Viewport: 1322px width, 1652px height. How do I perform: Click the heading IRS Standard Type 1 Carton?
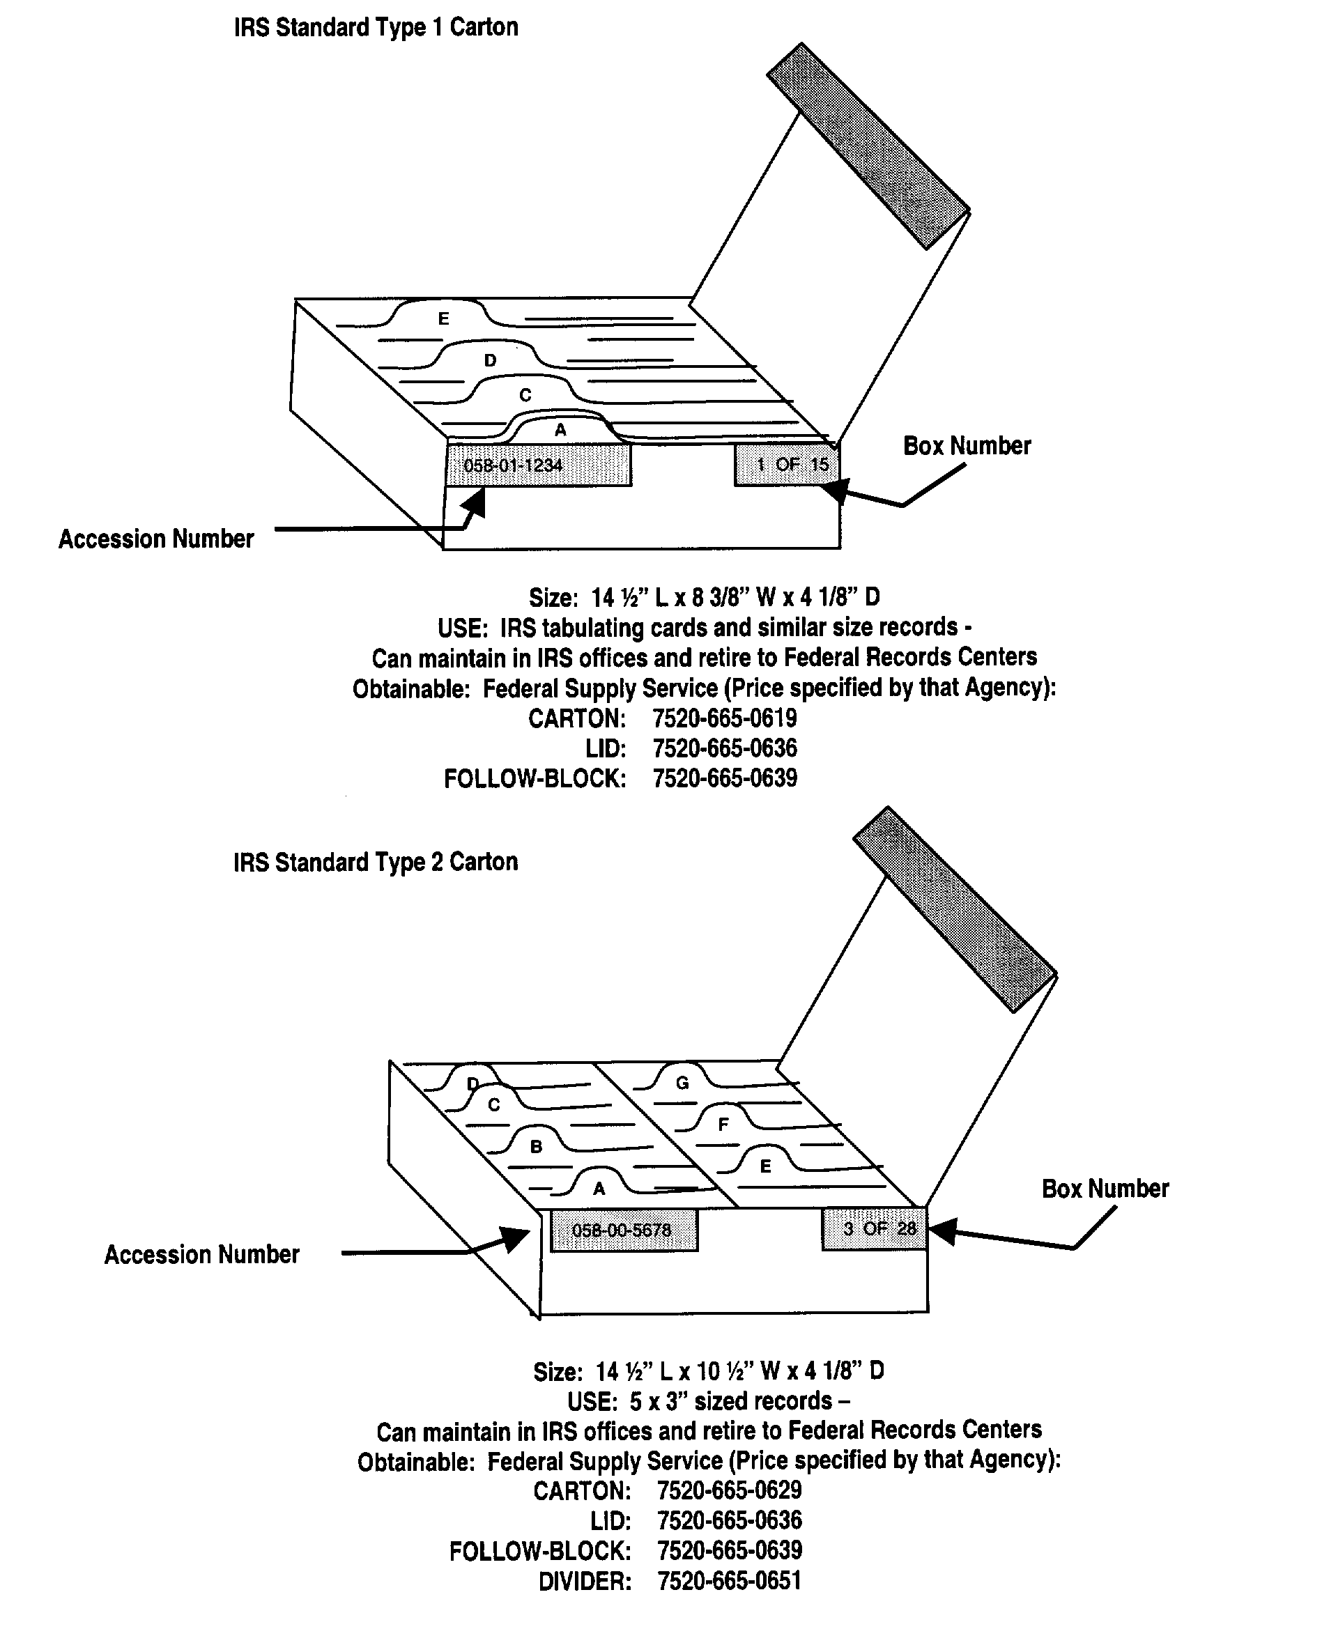pyautogui.click(x=376, y=28)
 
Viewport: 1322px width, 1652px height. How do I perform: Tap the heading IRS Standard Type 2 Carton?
pyautogui.click(x=376, y=862)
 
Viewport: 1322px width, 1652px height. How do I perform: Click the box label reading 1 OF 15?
pyautogui.click(x=787, y=464)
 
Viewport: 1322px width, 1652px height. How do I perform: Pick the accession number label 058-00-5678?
pyautogui.click(x=623, y=1230)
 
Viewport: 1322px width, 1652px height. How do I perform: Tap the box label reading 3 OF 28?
pyautogui.click(x=875, y=1229)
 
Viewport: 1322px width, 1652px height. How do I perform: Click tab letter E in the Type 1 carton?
pyautogui.click(x=443, y=318)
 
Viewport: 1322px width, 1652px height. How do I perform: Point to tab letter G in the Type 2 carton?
pyautogui.click(x=682, y=1083)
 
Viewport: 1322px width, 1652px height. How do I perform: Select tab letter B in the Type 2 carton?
pyautogui.click(x=537, y=1146)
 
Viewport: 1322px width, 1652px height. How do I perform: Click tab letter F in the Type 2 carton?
pyautogui.click(x=723, y=1125)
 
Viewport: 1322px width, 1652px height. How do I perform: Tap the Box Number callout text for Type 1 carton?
pyautogui.click(x=967, y=446)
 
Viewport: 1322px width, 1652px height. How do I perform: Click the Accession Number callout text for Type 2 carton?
pyautogui.click(x=201, y=1255)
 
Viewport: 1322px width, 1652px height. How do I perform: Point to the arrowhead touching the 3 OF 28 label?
pyautogui.click(x=941, y=1230)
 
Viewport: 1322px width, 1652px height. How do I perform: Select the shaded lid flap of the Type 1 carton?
pyautogui.click(x=868, y=146)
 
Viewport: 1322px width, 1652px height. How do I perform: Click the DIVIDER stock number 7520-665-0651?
pyautogui.click(x=729, y=1581)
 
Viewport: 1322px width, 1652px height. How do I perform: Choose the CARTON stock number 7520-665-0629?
pyautogui.click(x=729, y=1490)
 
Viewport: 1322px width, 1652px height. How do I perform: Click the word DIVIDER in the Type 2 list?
pyautogui.click(x=585, y=1582)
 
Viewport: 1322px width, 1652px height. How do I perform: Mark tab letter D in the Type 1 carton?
pyautogui.click(x=491, y=360)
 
